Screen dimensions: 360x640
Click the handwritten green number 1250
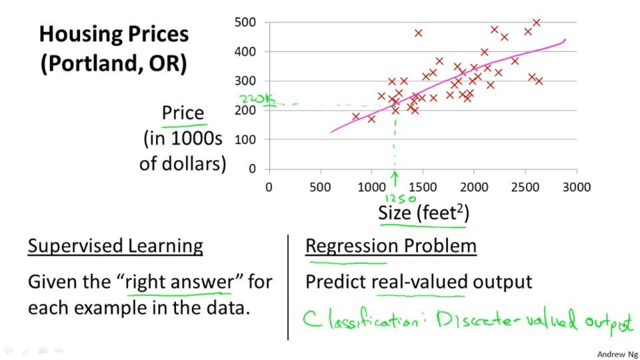[401, 198]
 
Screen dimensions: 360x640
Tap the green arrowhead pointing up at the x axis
[395, 177]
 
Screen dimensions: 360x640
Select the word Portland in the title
[93, 64]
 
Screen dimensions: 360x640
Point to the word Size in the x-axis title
[395, 213]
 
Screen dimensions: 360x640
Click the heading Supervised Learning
[115, 246]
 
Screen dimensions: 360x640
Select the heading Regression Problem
[391, 246]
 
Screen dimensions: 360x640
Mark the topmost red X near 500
[536, 23]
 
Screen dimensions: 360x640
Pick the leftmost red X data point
[356, 117]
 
